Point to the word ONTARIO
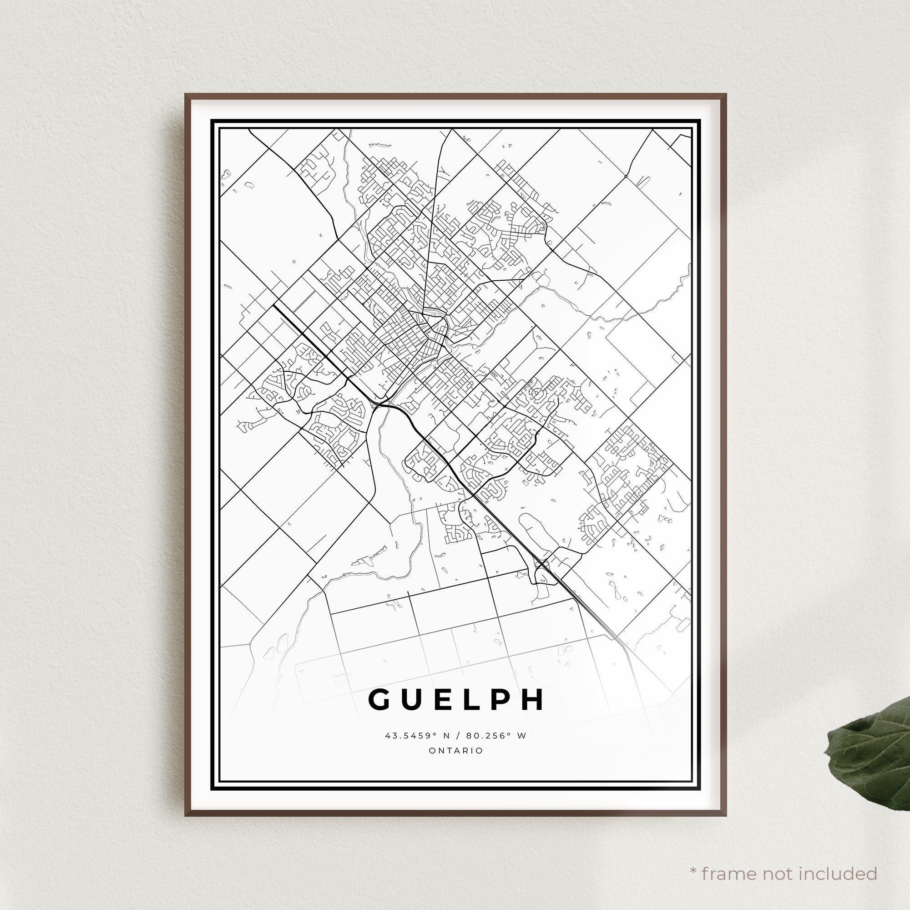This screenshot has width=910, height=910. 456,751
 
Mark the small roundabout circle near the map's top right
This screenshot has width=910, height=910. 626,176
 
